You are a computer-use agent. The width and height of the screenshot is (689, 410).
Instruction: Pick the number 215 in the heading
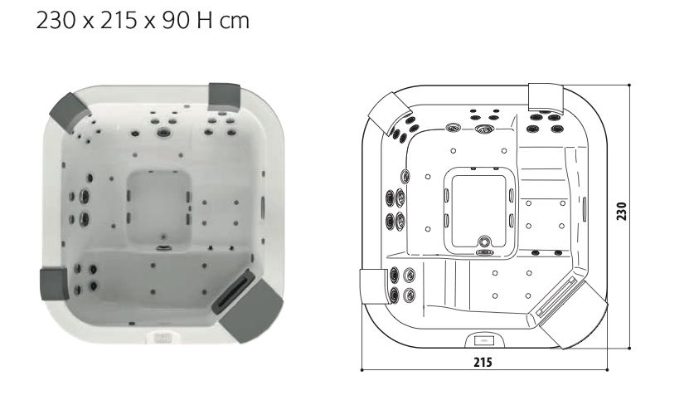pyautogui.click(x=114, y=20)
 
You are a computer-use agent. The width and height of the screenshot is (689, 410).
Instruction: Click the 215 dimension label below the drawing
pyautogui.click(x=485, y=362)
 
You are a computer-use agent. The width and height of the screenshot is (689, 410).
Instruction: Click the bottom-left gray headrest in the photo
pyautogui.click(x=53, y=282)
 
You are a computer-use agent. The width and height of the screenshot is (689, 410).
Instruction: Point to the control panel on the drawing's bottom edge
pyautogui.click(x=483, y=339)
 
